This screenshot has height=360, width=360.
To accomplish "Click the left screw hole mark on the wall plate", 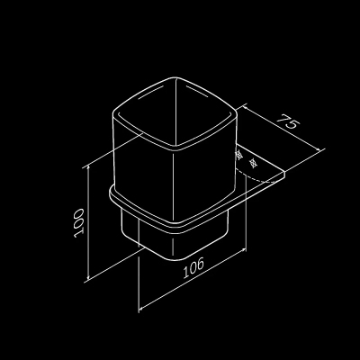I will pos(239,156).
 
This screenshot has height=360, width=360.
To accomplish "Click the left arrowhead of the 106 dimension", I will pos(142,306).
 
